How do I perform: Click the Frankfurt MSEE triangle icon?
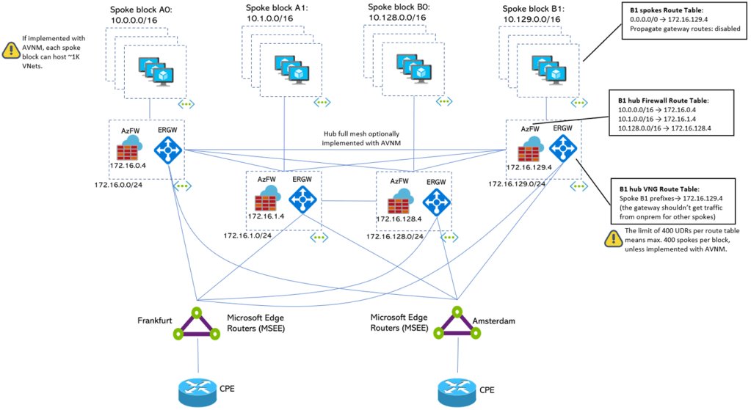[x=196, y=323]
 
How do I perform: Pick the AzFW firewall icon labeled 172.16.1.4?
[x=266, y=199]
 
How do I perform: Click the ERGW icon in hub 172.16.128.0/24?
[x=436, y=199]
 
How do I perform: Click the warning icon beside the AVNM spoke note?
[x=12, y=50]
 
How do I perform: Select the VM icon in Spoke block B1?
[x=551, y=70]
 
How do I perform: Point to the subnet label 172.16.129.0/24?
[x=517, y=184]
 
